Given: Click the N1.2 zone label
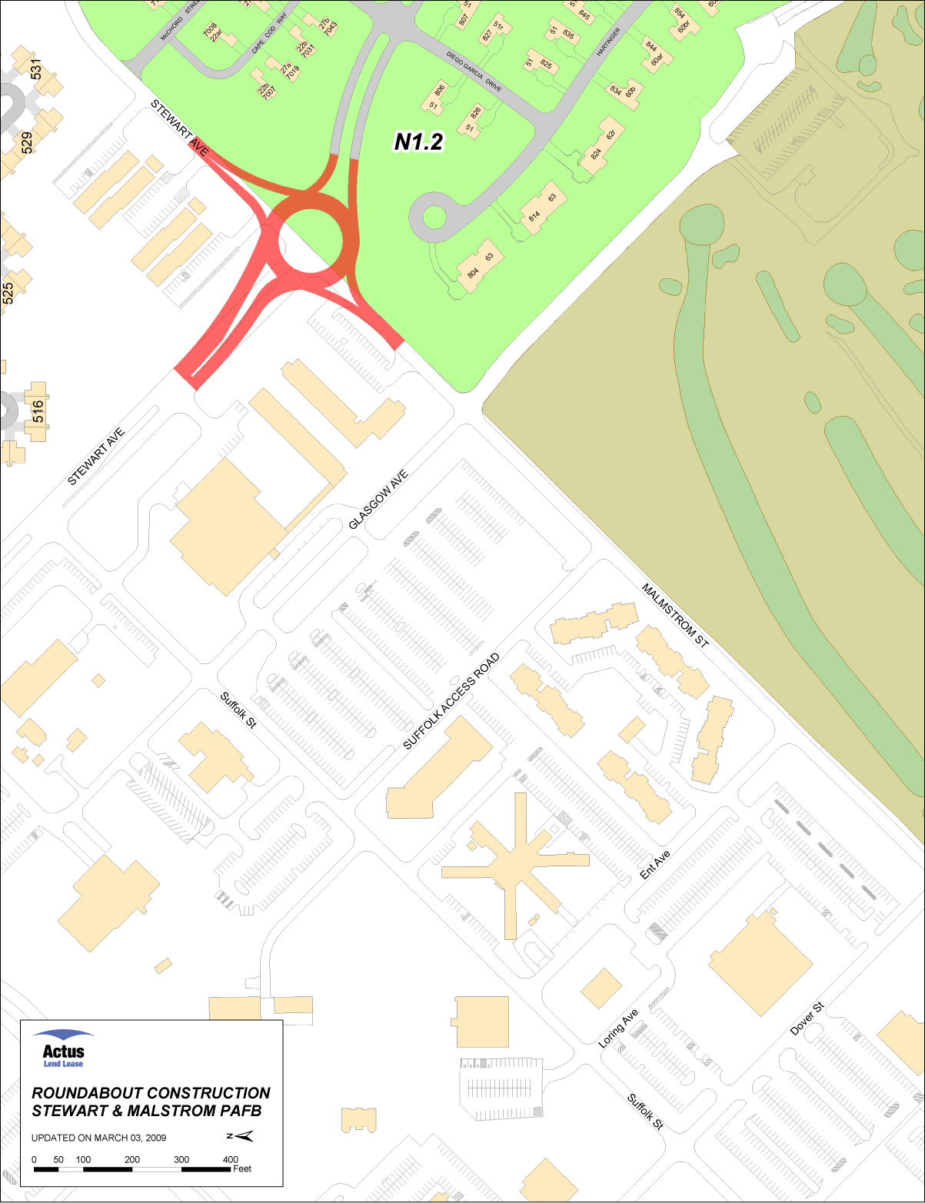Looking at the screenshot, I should tap(418, 141).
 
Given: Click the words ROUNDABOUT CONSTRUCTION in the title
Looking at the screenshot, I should tap(151, 1093).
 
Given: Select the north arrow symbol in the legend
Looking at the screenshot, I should tap(241, 1137).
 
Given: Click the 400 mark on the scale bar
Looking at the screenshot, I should tap(231, 1160).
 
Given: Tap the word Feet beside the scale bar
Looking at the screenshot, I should tap(242, 1169).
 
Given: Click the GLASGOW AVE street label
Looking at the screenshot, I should tap(378, 500).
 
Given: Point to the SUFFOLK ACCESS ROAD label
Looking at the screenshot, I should tap(451, 701).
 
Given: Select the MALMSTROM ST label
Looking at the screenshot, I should tap(674, 616).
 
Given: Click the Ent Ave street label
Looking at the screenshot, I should tap(655, 865).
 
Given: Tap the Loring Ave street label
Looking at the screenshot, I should tap(619, 1029).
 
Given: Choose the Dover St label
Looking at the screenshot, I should tap(807, 1019).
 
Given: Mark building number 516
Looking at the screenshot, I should tap(38, 411).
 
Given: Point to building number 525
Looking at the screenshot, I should tap(8, 293).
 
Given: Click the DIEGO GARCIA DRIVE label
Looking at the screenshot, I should tap(474, 72).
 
